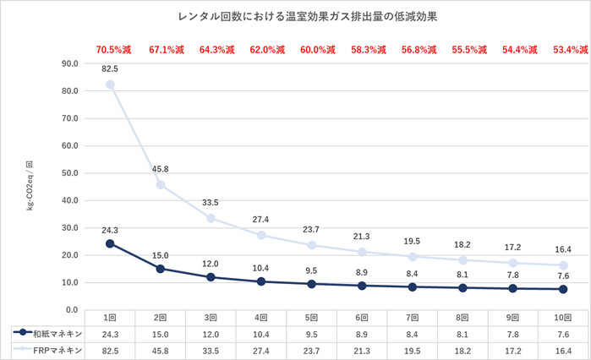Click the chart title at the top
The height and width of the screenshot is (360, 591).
pos(294,15)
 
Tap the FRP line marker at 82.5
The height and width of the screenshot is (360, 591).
pos(110,85)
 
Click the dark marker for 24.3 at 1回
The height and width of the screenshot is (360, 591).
pos(110,243)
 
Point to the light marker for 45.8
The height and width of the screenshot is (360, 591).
pos(161,184)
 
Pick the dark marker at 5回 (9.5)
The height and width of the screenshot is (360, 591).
pos(311,284)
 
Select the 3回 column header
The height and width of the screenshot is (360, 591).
pos(211,318)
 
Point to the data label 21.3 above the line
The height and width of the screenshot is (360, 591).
pos(361,236)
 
